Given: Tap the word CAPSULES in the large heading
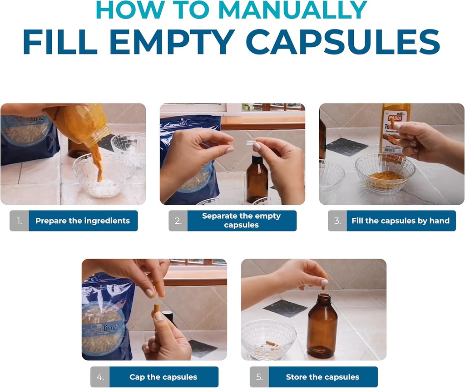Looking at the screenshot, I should click(343, 42).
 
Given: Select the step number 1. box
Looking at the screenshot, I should click(19, 221).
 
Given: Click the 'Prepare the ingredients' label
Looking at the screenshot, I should click(83, 221).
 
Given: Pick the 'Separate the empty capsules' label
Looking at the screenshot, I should click(242, 221).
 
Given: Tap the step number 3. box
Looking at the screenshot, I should click(337, 221).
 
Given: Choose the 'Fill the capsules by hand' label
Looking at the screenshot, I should click(401, 221).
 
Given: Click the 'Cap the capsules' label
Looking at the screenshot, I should click(163, 377).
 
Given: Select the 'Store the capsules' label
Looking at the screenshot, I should click(322, 377).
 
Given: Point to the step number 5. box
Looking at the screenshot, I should click(259, 377).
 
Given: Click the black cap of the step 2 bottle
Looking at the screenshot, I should click(257, 159).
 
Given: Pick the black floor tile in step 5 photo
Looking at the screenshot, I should click(284, 308).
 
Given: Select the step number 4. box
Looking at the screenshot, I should click(100, 377).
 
